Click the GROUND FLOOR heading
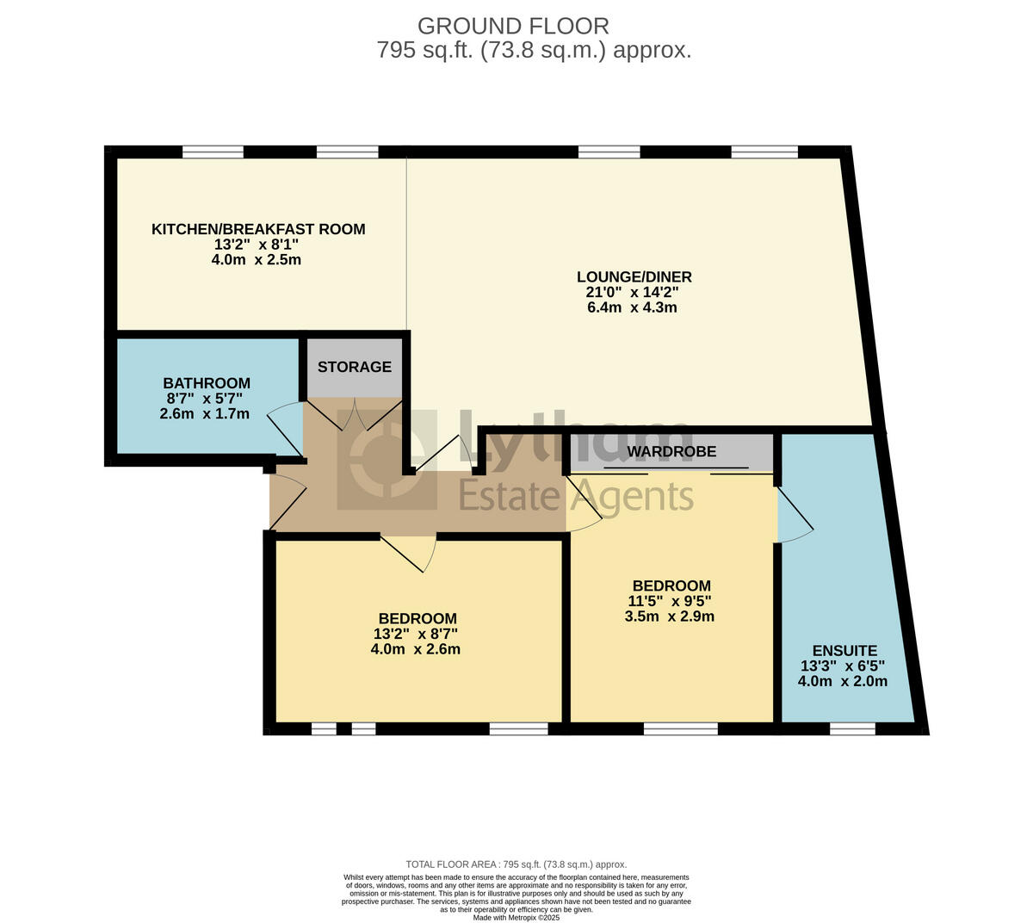[513, 26]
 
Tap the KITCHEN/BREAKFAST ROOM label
[258, 229]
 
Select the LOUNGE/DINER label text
[634, 277]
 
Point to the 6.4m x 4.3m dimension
[632, 307]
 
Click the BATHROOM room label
[207, 383]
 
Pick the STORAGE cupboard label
[354, 367]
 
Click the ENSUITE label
[844, 651]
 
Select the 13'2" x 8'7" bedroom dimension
[416, 634]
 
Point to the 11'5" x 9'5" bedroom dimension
[670, 601]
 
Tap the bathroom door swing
[286, 431]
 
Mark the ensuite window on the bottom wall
[852, 728]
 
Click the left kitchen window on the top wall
[213, 152]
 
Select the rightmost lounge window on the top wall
[764, 152]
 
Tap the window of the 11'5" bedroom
[680, 728]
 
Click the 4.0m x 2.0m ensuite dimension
[842, 681]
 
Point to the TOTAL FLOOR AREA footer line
[516, 864]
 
